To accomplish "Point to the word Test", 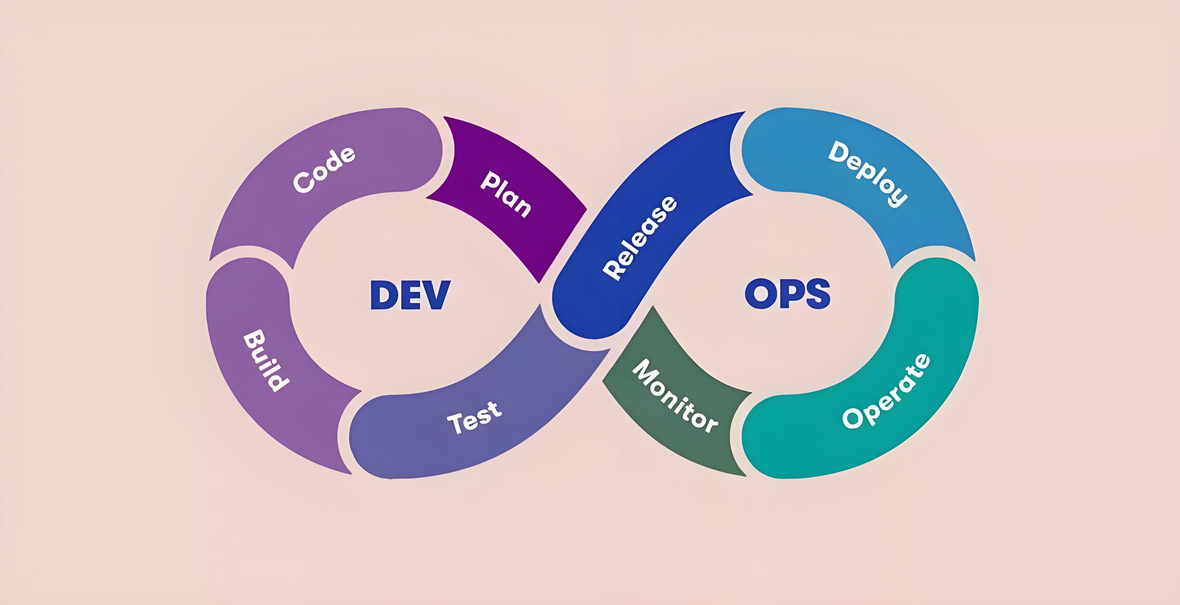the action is coord(475,417).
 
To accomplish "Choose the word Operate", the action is coord(887,391).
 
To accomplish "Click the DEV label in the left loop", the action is coord(410,294).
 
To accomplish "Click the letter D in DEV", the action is coord(383,294).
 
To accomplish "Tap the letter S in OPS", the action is coord(817,293).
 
